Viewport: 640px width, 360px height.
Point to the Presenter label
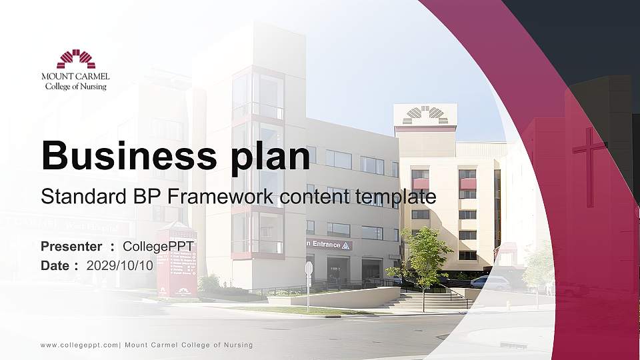click(x=71, y=247)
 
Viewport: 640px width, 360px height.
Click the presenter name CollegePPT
click(x=159, y=247)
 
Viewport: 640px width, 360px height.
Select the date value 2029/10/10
click(x=120, y=265)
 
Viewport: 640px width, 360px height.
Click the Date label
click(x=55, y=265)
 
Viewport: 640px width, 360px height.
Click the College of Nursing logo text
click(x=75, y=87)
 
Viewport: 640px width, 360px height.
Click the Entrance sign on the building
click(x=328, y=245)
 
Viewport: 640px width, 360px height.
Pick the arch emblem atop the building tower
click(x=425, y=115)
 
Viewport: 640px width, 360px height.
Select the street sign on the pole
click(x=309, y=268)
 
